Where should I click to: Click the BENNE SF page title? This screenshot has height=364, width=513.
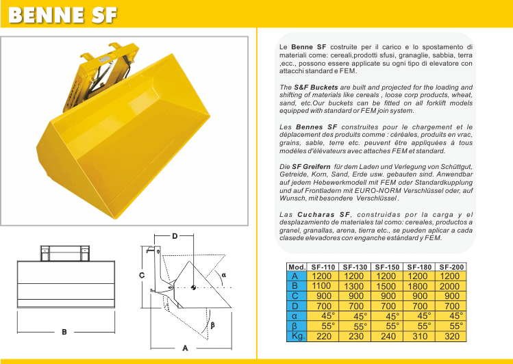[62, 15]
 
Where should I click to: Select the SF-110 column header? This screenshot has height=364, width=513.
[323, 267]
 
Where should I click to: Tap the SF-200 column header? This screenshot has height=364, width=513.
[451, 267]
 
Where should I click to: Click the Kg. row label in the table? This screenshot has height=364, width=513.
[297, 336]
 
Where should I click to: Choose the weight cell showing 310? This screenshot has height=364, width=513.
[420, 336]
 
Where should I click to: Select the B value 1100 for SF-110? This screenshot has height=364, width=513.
[321, 286]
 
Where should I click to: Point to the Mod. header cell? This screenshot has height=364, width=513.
[297, 267]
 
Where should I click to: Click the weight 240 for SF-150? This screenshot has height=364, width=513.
[388, 336]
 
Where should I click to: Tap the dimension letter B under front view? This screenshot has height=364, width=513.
[64, 332]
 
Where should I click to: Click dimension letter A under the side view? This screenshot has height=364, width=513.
[185, 348]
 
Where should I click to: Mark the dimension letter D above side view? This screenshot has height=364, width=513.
[175, 236]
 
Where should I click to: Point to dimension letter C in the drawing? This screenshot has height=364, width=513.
[142, 276]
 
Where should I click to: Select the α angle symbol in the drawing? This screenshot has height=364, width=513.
[224, 275]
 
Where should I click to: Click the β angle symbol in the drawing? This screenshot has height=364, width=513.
[212, 325]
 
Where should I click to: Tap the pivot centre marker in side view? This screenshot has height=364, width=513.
[193, 287]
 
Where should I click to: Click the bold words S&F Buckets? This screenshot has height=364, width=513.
[316, 88]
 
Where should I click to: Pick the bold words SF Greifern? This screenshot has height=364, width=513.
[311, 167]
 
